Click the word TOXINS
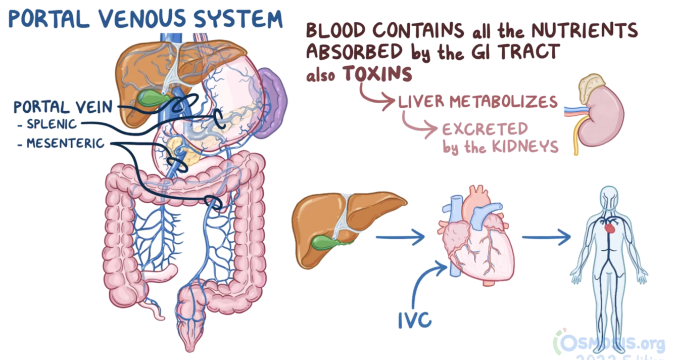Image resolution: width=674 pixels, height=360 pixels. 377,74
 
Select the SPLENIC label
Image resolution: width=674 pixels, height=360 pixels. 52,124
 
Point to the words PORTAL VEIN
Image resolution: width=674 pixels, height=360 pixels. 64,107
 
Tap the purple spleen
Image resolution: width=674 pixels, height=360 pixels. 273,101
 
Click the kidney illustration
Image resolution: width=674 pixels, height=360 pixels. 601,116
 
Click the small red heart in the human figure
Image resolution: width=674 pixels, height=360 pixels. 610,229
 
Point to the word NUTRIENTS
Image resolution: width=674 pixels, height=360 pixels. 584,31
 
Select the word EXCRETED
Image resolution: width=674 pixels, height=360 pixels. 485,129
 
